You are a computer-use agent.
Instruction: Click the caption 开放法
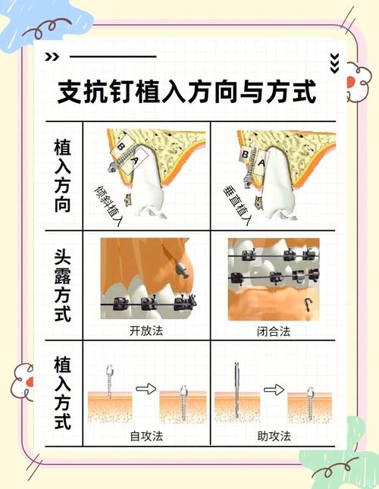[146, 331]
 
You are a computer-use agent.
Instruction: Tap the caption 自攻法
[146, 436]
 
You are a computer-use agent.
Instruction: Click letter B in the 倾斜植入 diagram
[120, 144]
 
